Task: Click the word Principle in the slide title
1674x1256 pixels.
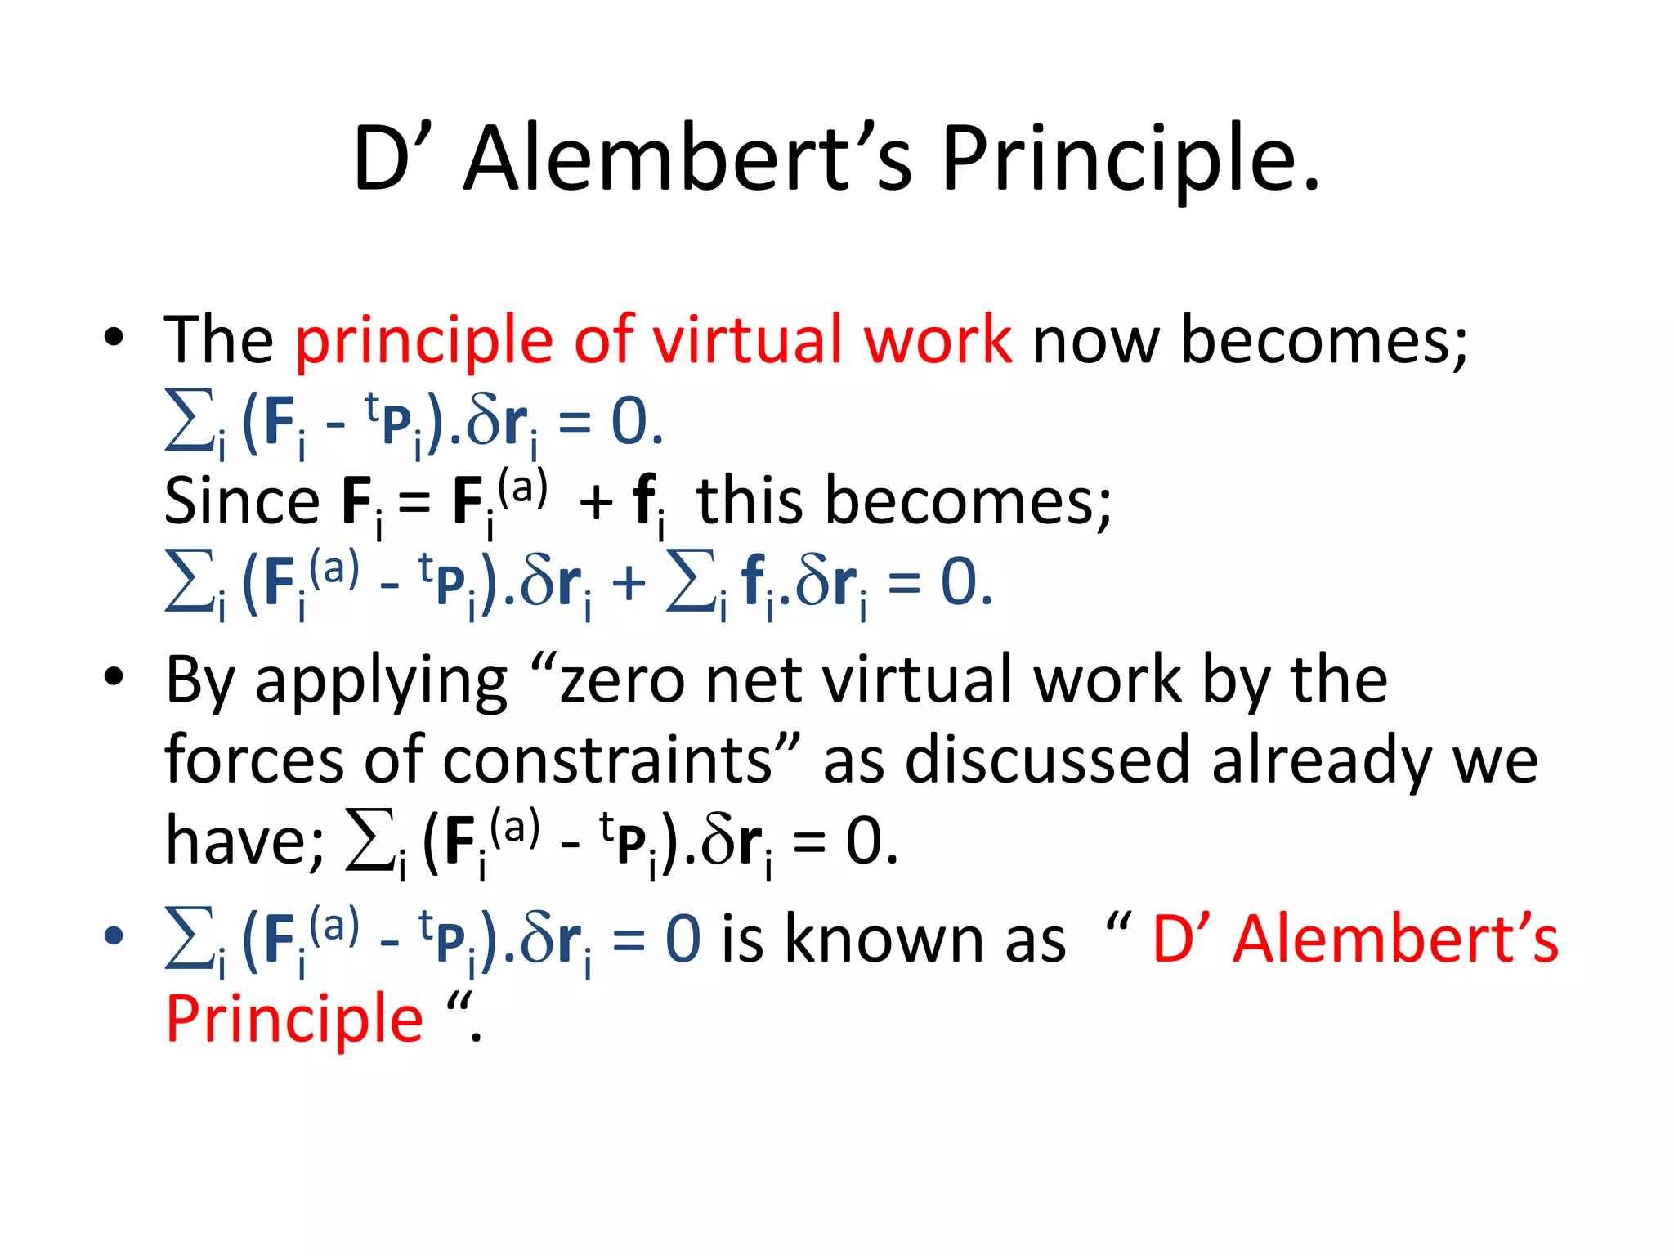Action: click(1130, 159)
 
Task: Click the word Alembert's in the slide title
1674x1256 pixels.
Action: click(687, 159)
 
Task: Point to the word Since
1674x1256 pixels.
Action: click(242, 500)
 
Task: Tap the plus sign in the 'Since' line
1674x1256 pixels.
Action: click(596, 502)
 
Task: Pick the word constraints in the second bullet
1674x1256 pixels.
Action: click(608, 760)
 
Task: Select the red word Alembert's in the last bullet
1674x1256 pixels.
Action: click(1396, 939)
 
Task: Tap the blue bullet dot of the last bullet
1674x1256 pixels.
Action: click(114, 935)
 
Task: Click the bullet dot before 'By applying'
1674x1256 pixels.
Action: click(114, 677)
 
